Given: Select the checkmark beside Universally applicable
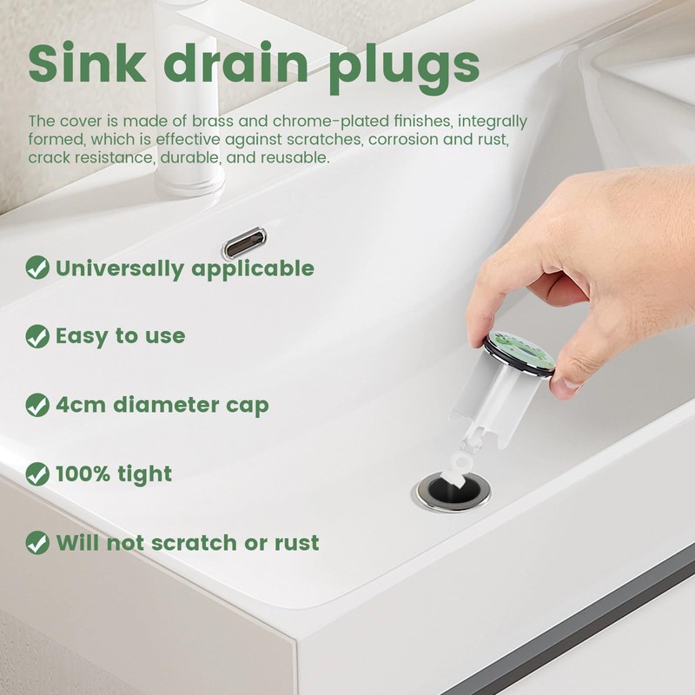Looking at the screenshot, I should click(x=37, y=268).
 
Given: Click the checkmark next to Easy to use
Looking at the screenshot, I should click(x=37, y=336).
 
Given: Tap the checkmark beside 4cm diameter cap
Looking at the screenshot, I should click(x=37, y=405).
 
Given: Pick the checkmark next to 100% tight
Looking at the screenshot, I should click(x=37, y=474).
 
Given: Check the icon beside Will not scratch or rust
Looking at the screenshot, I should click(x=37, y=543).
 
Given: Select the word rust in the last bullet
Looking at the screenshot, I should click(x=295, y=543).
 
